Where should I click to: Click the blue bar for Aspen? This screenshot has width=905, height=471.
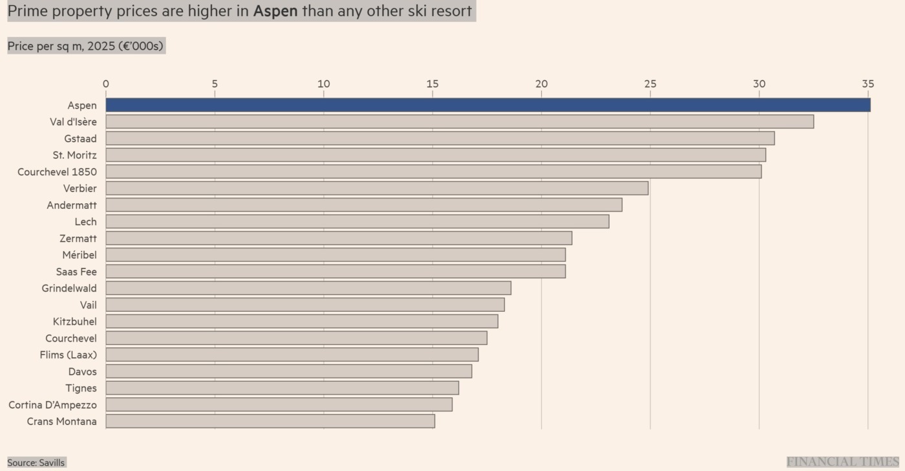488,105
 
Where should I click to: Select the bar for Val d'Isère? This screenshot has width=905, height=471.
460,122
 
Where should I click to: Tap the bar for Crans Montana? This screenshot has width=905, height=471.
270,421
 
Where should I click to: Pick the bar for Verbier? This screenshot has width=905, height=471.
377,188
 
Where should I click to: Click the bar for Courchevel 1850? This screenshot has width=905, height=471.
433,171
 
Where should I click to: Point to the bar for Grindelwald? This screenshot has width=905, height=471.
308,288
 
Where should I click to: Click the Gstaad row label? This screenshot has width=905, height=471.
80,138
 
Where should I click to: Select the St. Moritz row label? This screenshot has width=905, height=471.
74,155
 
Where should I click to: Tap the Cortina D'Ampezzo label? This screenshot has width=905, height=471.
52,405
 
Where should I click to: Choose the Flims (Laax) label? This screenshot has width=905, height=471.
68,355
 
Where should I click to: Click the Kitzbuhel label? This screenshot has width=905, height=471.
74,322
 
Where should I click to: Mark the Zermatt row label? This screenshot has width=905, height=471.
78,238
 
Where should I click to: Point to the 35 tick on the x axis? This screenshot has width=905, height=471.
868,84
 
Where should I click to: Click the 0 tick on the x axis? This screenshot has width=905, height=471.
106,84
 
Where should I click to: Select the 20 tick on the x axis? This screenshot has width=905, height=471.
541,84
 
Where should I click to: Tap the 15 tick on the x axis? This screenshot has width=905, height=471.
432,84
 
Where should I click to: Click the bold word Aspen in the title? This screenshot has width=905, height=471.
276,11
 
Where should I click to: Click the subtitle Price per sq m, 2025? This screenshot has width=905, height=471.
86,46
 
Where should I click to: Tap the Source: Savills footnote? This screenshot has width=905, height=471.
36,463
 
